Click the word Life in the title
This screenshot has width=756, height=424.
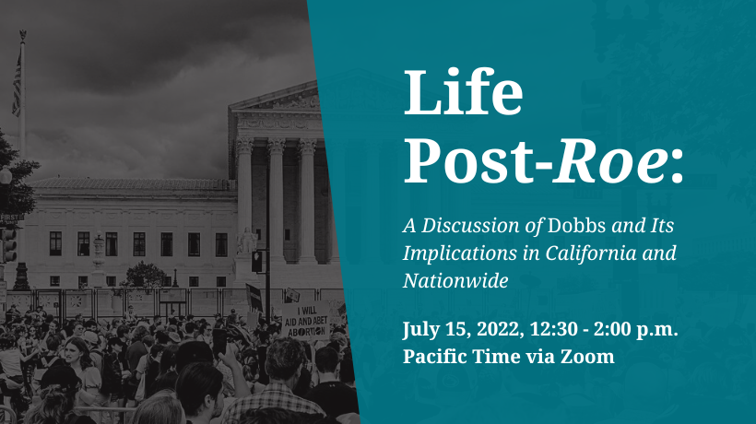pyautogui.click(x=463, y=91)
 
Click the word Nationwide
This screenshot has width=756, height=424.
pyautogui.click(x=455, y=280)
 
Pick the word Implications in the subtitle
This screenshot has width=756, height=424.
pyautogui.click(x=459, y=253)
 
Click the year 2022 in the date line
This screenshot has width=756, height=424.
pyautogui.click(x=500, y=329)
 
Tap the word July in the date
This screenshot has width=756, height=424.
pyautogui.click(x=420, y=330)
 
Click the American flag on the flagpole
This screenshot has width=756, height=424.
pyautogui.click(x=17, y=84)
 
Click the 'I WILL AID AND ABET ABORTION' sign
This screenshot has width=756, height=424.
pyautogui.click(x=305, y=321)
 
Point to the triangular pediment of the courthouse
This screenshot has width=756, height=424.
pyautogui.click(x=275, y=98)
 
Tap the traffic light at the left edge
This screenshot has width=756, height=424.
pyautogui.click(x=9, y=245)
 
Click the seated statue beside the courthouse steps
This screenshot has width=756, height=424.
pyautogui.click(x=246, y=241)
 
